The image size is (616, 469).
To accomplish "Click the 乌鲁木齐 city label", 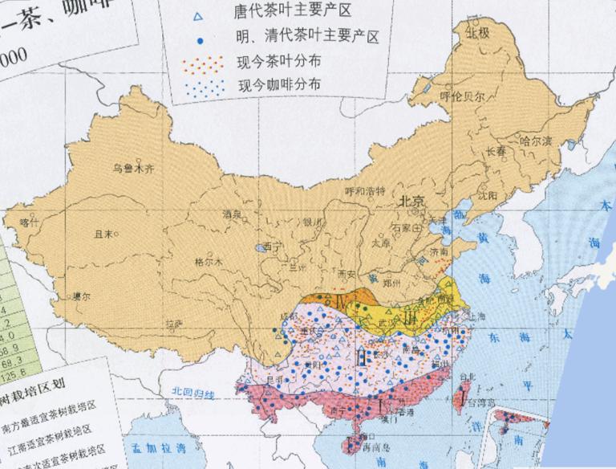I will (x=132, y=169).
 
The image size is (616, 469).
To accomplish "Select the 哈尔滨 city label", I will (x=537, y=141).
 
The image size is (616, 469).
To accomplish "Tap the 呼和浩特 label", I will (x=365, y=190).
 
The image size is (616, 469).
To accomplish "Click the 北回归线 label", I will (x=193, y=391).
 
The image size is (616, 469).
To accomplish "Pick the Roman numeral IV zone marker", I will (x=342, y=304).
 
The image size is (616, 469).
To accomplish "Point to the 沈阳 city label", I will (x=487, y=195).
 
